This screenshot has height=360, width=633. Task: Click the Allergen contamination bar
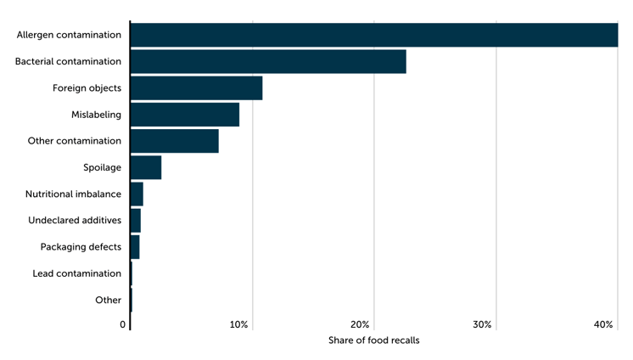point(373,35)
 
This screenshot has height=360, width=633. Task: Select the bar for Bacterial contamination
point(268,62)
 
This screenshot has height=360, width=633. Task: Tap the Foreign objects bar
point(196,88)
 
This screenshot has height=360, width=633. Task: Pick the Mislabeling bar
point(185,115)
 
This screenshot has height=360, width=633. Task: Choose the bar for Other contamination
point(175,141)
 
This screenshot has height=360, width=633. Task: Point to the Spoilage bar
point(146,167)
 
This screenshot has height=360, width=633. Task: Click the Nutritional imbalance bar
point(137,194)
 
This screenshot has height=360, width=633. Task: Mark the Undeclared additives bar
point(136,221)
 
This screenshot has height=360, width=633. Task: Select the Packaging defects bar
point(135,247)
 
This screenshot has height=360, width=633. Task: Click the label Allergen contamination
point(69,35)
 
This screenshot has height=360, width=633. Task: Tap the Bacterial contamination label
point(68,62)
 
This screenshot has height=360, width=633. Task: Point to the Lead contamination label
point(76,273)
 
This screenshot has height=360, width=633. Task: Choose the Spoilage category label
point(102,167)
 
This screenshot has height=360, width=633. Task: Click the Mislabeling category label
point(96,115)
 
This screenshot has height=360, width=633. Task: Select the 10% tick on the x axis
point(238,325)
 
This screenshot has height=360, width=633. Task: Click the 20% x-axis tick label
point(360,325)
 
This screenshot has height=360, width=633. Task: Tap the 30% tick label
point(482,325)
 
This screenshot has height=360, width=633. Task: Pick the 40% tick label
point(603,325)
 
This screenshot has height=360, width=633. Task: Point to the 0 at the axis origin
point(123,325)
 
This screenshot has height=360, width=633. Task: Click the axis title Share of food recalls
point(373,340)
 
